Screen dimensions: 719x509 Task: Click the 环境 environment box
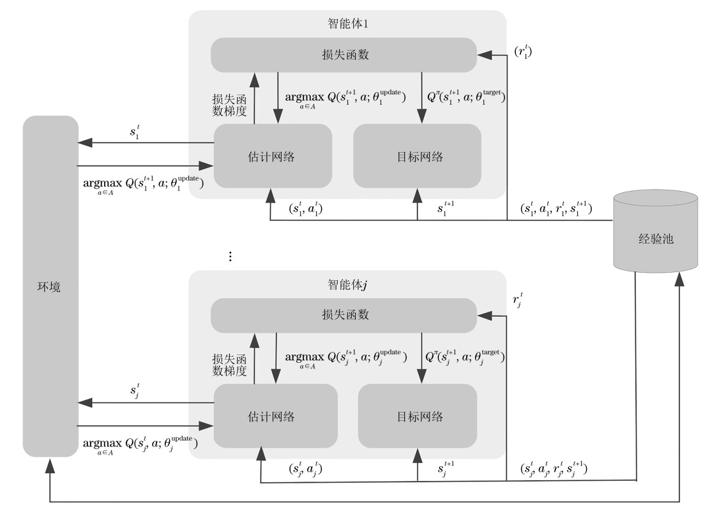[50, 286]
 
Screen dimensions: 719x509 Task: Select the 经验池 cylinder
[656, 232]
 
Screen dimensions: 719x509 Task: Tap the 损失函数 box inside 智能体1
[344, 55]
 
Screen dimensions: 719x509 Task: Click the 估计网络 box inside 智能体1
[273, 156]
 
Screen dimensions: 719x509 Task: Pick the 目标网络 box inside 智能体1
[417, 156]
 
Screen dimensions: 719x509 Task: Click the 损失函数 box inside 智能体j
[344, 315]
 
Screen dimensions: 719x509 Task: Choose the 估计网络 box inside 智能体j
[276, 416]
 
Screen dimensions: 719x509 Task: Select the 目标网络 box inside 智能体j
[417, 416]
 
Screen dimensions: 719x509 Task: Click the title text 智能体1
[348, 24]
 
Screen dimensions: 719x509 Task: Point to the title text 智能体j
[347, 285]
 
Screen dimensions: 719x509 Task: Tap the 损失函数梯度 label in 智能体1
[229, 105]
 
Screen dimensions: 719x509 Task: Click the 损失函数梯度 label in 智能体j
[229, 365]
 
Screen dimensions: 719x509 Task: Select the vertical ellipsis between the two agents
[230, 256]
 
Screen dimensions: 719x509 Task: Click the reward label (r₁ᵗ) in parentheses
[523, 51]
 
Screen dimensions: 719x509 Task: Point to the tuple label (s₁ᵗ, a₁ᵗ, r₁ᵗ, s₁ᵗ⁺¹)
[556, 209]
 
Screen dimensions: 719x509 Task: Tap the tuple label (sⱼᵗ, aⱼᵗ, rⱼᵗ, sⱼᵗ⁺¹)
[554, 469]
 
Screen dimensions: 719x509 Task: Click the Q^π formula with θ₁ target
[466, 97]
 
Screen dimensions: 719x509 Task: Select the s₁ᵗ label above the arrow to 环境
[135, 132]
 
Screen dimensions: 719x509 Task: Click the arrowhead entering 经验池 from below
[679, 279]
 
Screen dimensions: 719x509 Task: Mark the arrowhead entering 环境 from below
[50, 465]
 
